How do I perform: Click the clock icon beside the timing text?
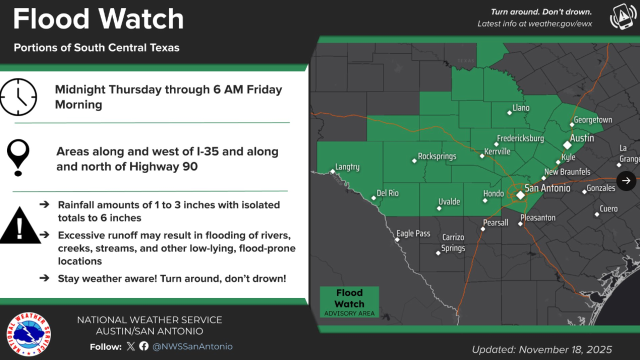pyautogui.click(x=18, y=97)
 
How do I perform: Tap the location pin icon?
pyautogui.click(x=18, y=157)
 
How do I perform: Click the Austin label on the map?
pyautogui.click(x=582, y=138)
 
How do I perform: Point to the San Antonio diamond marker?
pyautogui.click(x=520, y=194)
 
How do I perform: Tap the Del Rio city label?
pyautogui.click(x=387, y=193)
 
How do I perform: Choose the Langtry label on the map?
pyautogui.click(x=347, y=167)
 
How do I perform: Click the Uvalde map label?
pyautogui.click(x=449, y=202)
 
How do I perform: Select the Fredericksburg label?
pyautogui.click(x=520, y=138)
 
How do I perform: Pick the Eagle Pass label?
pyautogui.click(x=413, y=233)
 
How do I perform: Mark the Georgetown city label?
pyautogui.click(x=593, y=120)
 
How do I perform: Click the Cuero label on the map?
pyautogui.click(x=608, y=208)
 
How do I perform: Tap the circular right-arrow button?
pyautogui.click(x=626, y=180)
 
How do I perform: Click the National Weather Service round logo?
pyautogui.click(x=28, y=334)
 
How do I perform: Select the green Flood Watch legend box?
pyautogui.click(x=349, y=301)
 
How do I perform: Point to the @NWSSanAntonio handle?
pyautogui.click(x=192, y=346)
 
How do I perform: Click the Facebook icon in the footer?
pyautogui.click(x=144, y=346)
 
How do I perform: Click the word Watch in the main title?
pyautogui.click(x=141, y=19)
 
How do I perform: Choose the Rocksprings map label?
pyautogui.click(x=437, y=156)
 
